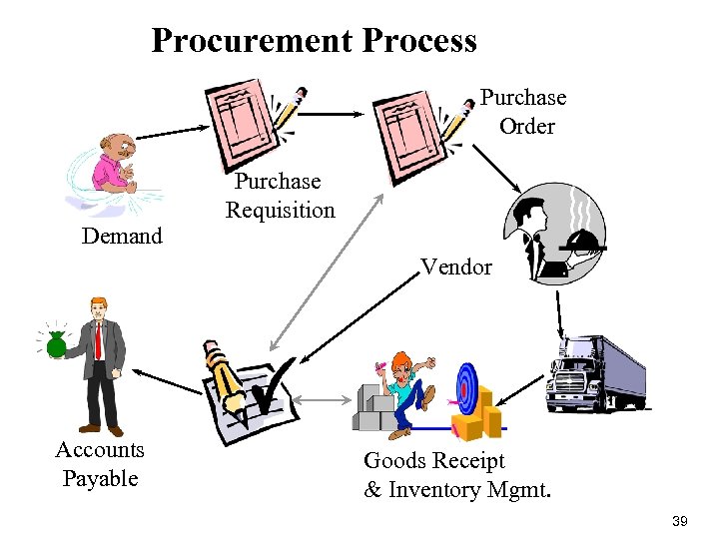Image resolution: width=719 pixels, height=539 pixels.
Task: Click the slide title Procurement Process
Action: [314, 41]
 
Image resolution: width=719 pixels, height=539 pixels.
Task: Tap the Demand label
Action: [122, 237]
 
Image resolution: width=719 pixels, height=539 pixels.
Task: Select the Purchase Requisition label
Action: [280, 196]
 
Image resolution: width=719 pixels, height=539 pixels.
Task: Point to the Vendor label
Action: [455, 267]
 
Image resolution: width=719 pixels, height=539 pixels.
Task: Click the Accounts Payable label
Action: [100, 464]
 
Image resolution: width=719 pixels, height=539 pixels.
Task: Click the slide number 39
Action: [681, 521]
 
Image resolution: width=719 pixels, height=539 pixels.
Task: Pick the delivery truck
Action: [597, 374]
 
